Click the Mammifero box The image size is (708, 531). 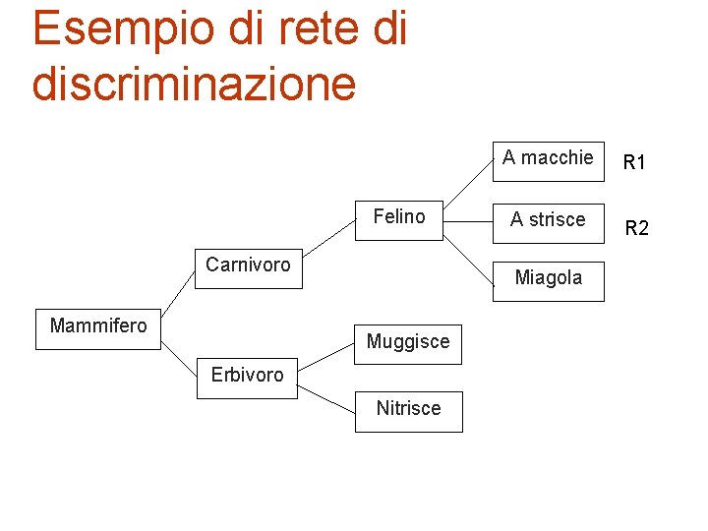[x=97, y=326]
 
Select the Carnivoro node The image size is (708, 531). [x=248, y=265]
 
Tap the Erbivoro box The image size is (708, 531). [x=247, y=375]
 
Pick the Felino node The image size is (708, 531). [x=399, y=217]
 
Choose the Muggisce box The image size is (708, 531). [x=408, y=342]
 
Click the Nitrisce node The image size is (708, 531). [x=408, y=409]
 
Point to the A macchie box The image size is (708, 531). [x=548, y=158]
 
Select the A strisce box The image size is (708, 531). [x=548, y=220]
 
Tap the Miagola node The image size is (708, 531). [x=548, y=278]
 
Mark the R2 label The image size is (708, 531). [x=637, y=229]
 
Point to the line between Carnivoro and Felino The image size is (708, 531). [x=328, y=242]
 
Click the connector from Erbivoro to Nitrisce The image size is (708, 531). [x=325, y=396]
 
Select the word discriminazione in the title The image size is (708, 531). [x=194, y=83]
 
